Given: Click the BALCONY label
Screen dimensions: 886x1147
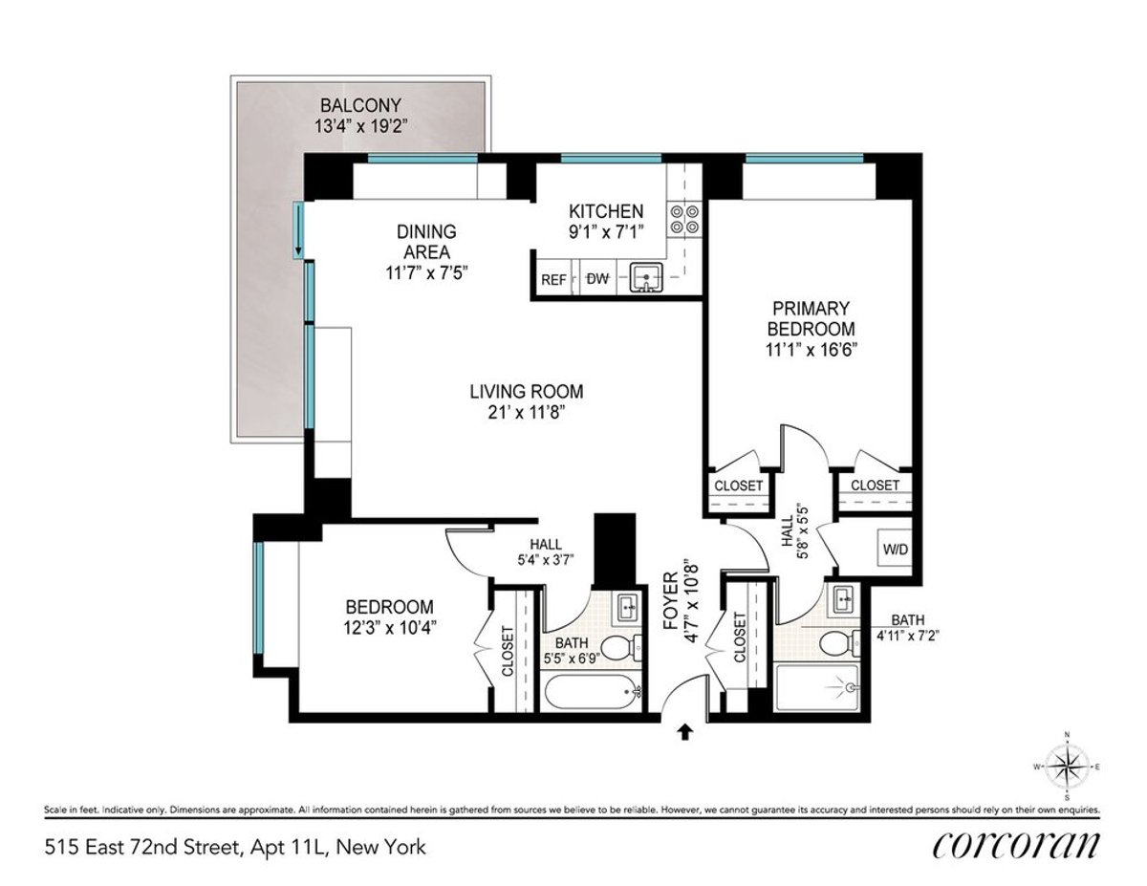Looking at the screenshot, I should coord(360,105).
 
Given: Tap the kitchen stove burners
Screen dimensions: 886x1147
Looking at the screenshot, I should coord(685,219).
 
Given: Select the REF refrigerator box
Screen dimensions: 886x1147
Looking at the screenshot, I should coord(553,280).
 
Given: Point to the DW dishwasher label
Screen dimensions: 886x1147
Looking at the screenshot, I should coord(597,279).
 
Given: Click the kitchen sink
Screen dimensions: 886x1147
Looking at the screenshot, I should coord(647,279).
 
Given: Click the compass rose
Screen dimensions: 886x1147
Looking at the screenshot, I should coord(1067,766).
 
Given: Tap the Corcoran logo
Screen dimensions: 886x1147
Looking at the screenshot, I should coord(1015,846).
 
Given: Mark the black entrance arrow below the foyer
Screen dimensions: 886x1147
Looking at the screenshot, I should coord(684,733).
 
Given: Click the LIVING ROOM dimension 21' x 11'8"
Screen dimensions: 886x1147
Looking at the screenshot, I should coord(526,414).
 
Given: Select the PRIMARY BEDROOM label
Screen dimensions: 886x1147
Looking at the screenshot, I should coord(811,318).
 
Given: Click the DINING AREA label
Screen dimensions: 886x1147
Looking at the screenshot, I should coord(427,242).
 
